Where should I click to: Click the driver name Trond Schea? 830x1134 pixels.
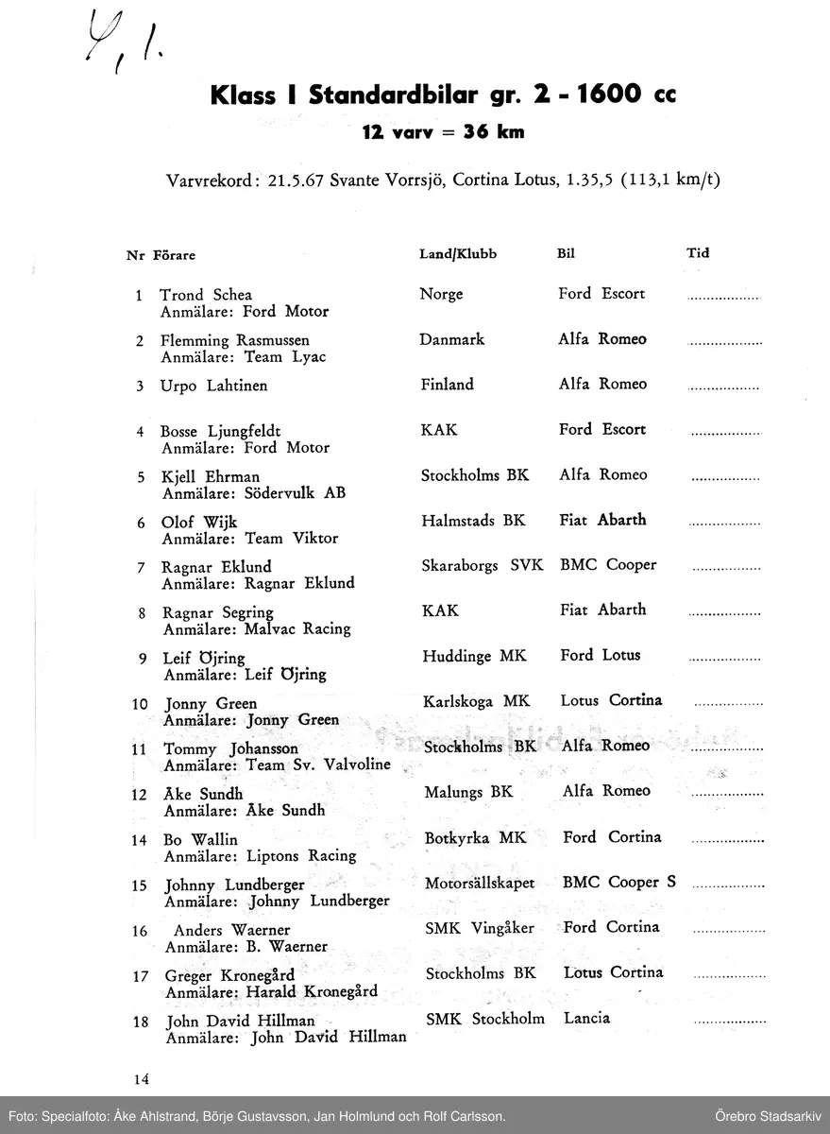pos(206,295)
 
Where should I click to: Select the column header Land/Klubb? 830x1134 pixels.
pos(458,254)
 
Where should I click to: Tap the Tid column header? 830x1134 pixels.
pos(698,253)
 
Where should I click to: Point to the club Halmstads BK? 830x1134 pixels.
pos(473,521)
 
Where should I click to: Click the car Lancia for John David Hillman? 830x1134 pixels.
pos(586,1018)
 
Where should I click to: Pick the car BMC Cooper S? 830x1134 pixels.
pos(618,882)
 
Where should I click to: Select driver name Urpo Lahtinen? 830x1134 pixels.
pos(214,386)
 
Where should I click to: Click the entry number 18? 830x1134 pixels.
pos(140,1022)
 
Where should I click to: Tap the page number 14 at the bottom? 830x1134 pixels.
pos(142,1078)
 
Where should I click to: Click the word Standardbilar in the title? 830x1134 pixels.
pos(373,96)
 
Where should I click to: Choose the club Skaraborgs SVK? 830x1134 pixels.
pos(482,565)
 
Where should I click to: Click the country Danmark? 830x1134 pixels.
pos(451,339)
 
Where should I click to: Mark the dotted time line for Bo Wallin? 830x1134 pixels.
pos(728,839)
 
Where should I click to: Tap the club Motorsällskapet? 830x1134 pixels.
pos(480,883)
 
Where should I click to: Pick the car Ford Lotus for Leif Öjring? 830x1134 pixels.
pos(600,655)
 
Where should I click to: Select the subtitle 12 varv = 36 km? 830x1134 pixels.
pos(443,132)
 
